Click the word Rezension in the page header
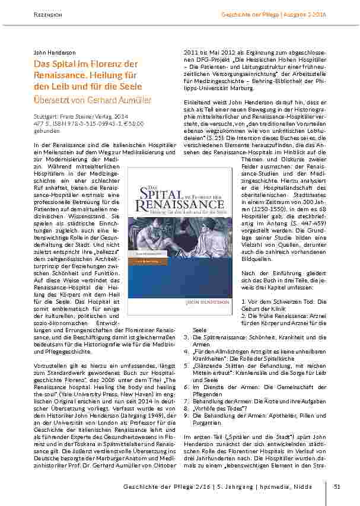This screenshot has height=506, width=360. click(x=49, y=13)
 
